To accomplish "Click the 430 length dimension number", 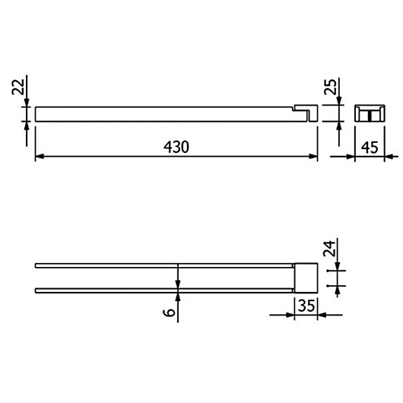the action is pyautogui.click(x=176, y=147).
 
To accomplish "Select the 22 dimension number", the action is pyautogui.click(x=18, y=87).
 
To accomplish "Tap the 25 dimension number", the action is pyautogui.click(x=330, y=87).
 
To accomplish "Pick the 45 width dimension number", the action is pyautogui.click(x=370, y=148).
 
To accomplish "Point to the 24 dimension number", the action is pyautogui.click(x=329, y=249).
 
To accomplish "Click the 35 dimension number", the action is pyautogui.click(x=306, y=306).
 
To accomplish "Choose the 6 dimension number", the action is pyautogui.click(x=169, y=313).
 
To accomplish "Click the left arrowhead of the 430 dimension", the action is pyautogui.click(x=40, y=157).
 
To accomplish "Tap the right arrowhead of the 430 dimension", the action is pyautogui.click(x=313, y=157).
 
